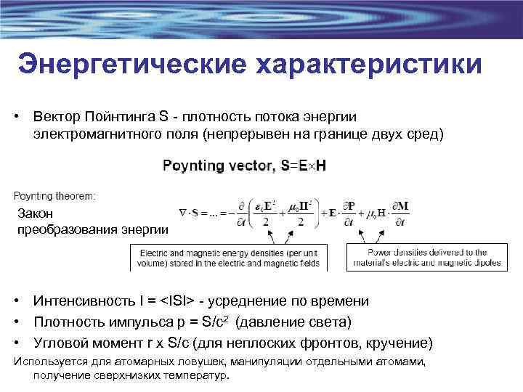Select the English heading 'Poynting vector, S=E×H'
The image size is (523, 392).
tap(244, 166)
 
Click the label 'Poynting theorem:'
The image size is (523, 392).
tap(54, 195)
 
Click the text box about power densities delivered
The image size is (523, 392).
tap(426, 257)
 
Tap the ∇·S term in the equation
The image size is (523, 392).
tap(191, 213)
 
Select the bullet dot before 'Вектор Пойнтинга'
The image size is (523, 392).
tap(15, 117)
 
